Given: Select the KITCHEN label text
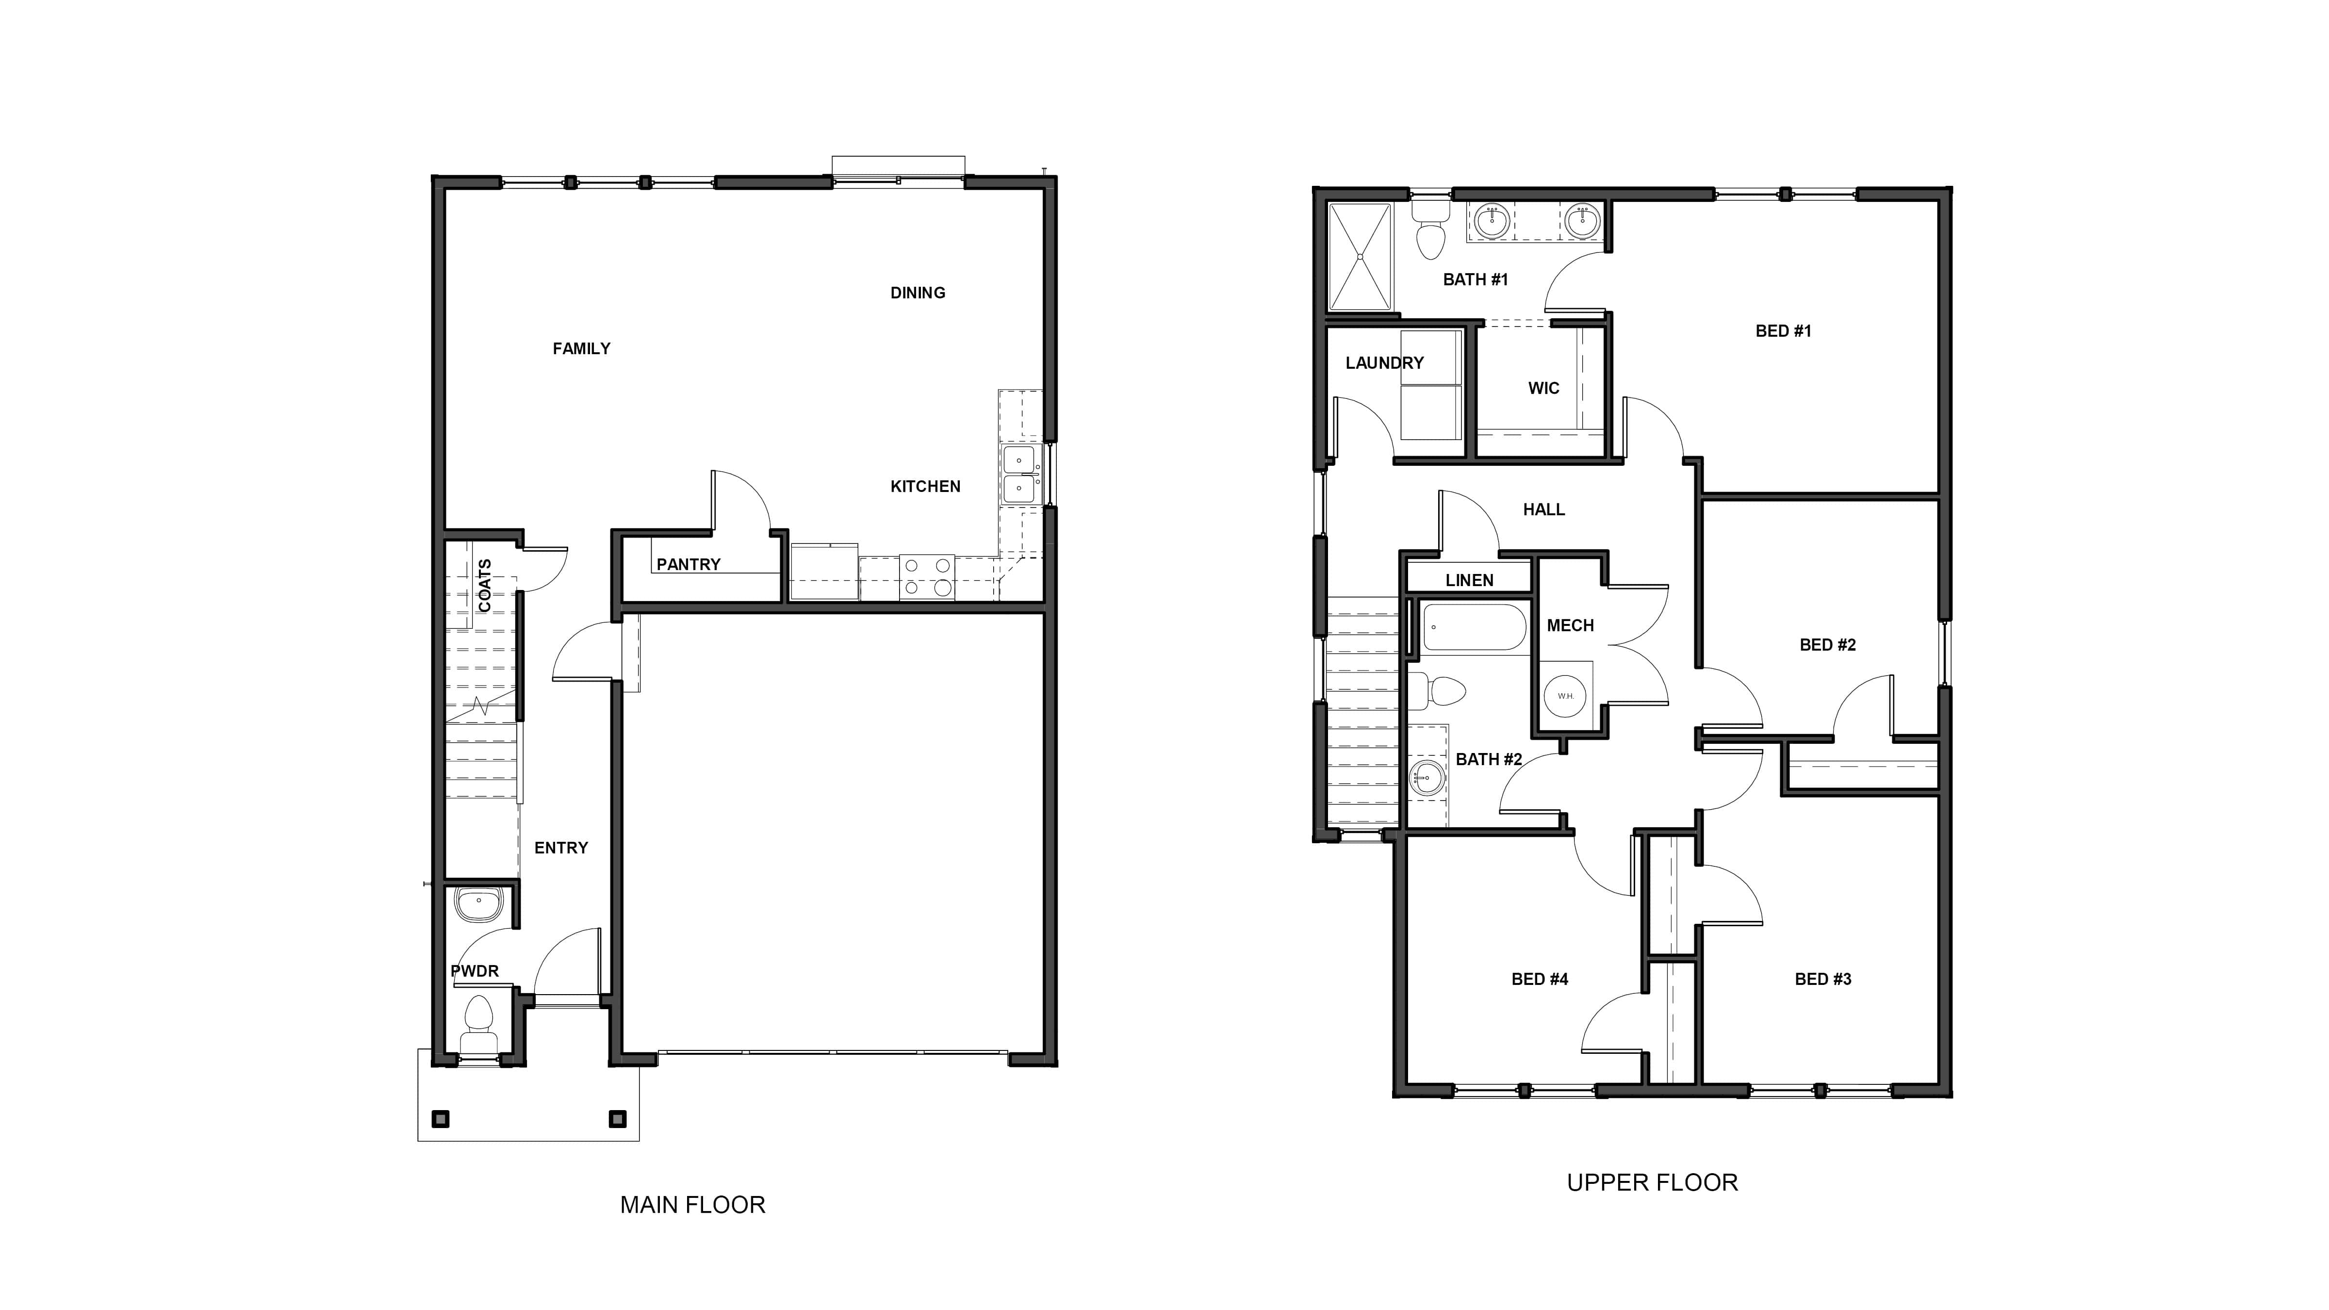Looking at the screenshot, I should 925,486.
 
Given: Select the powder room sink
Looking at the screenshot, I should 478,902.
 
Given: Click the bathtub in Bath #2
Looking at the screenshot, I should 1474,627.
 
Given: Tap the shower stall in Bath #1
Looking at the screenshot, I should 1360,257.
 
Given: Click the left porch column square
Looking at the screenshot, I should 440,1119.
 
